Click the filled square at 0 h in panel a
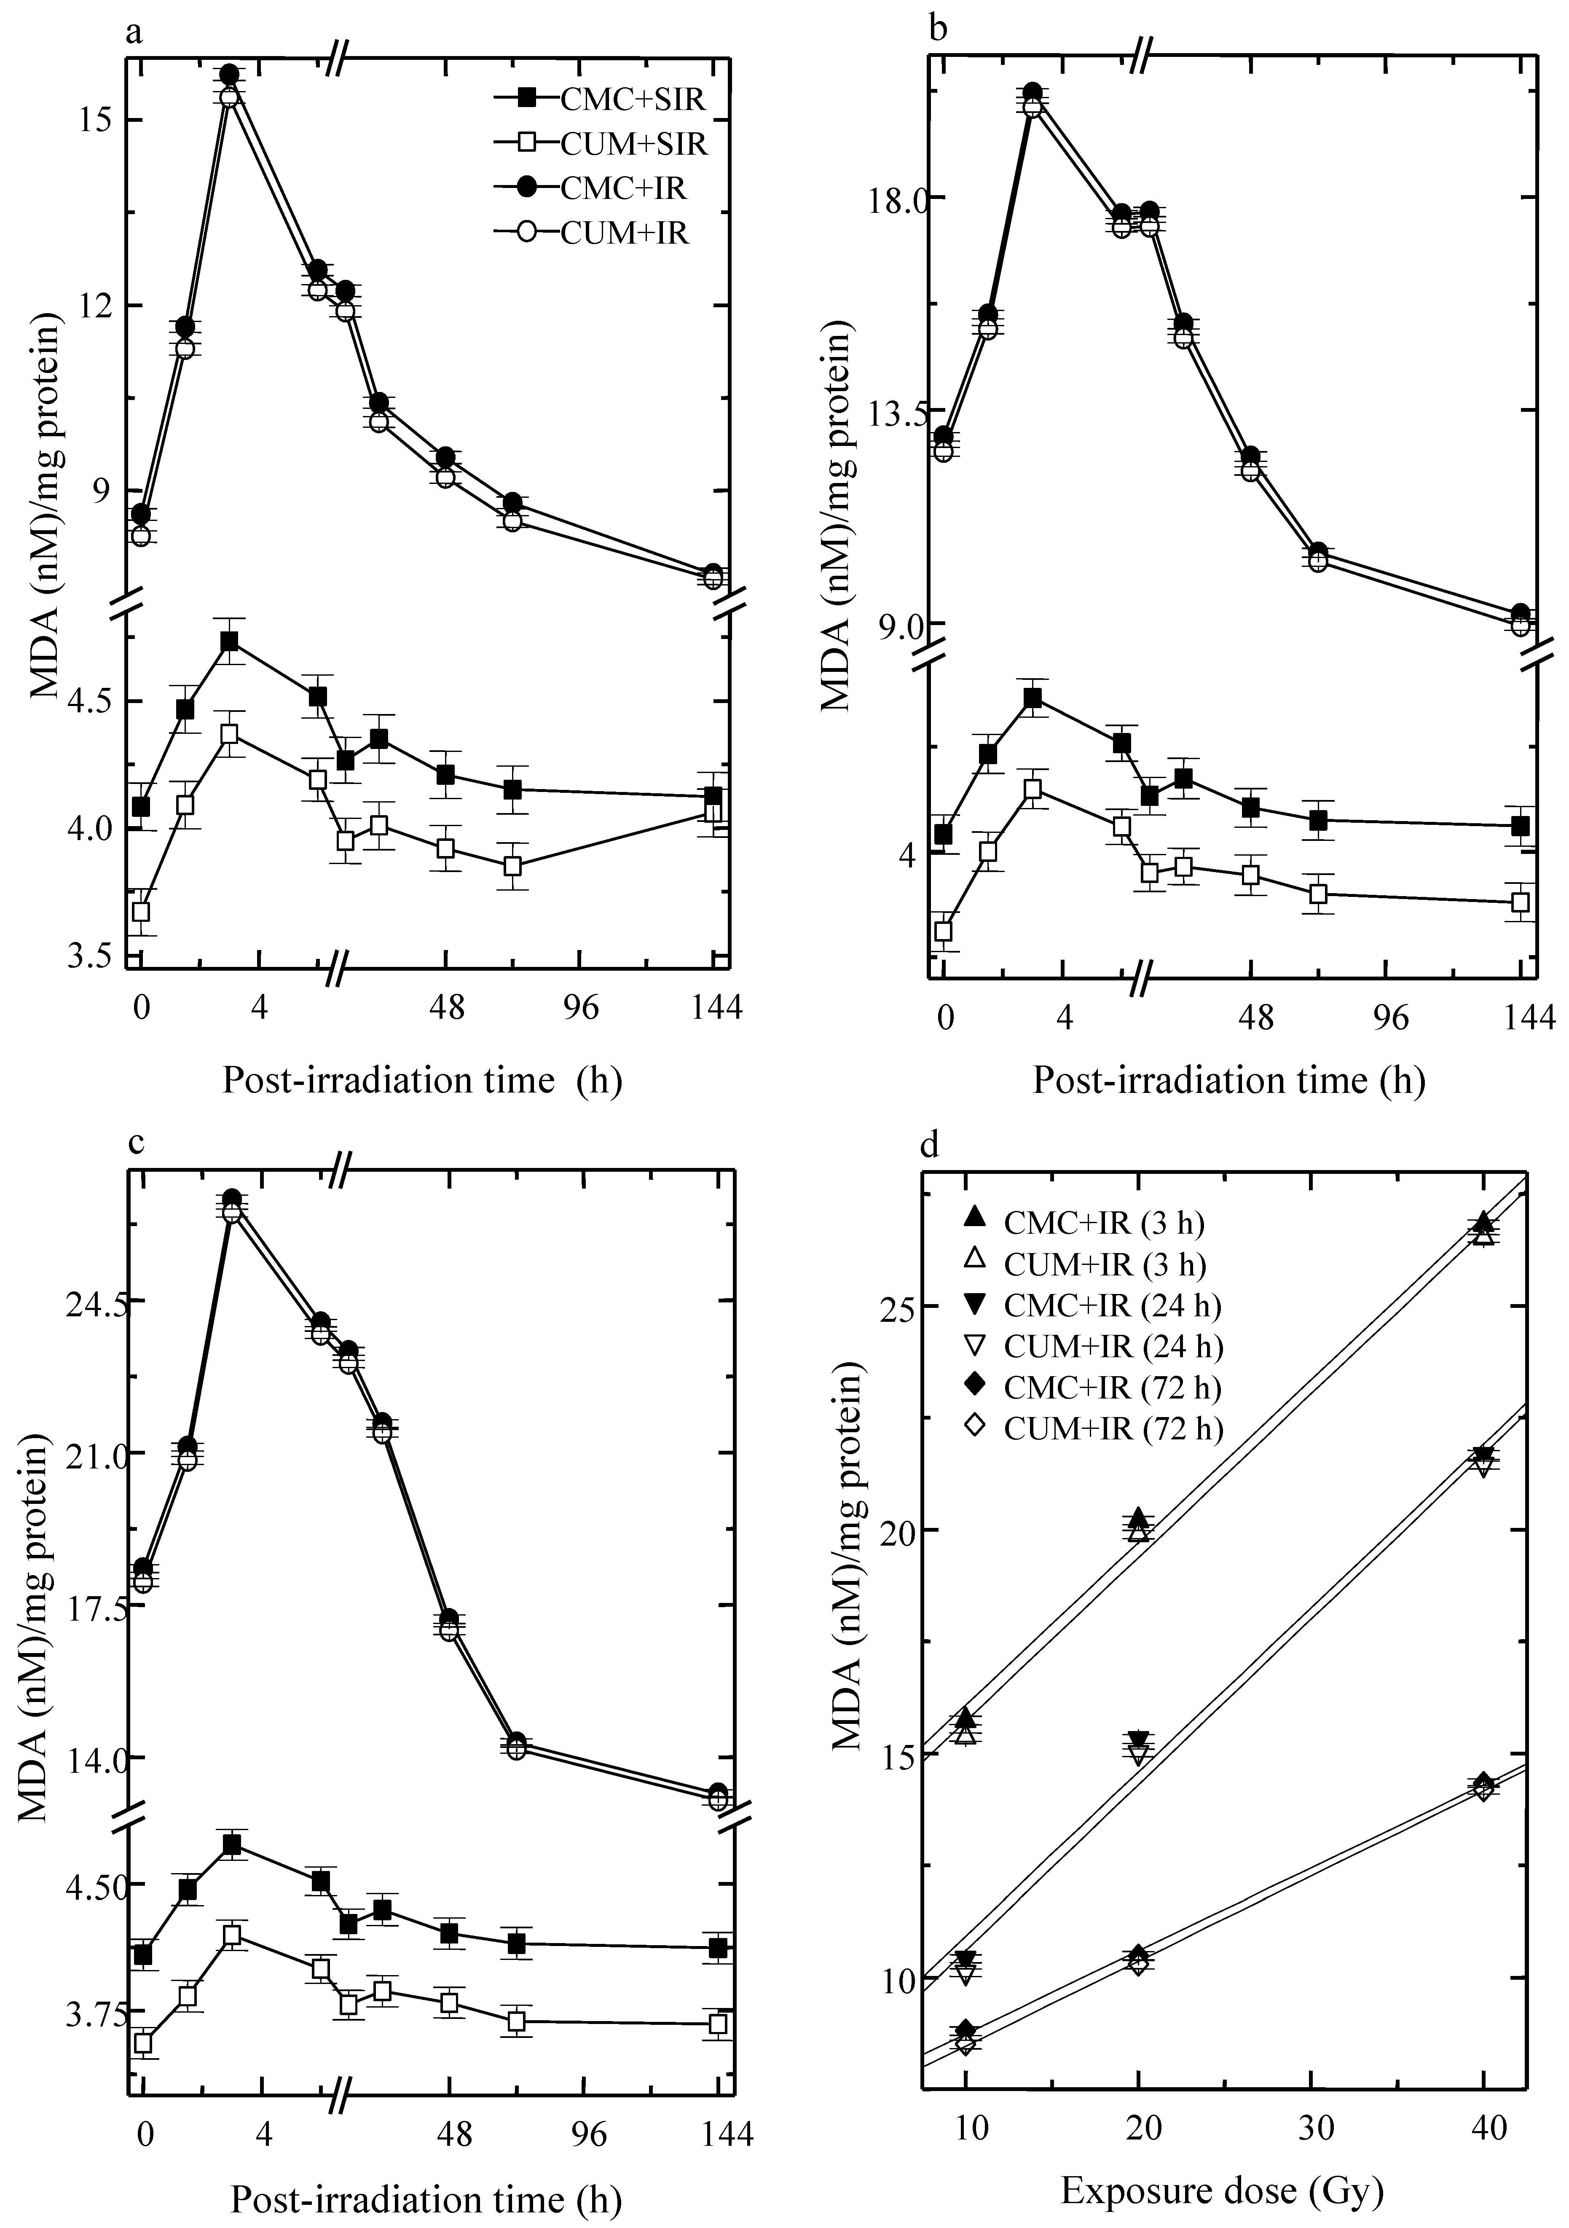click(142, 806)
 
